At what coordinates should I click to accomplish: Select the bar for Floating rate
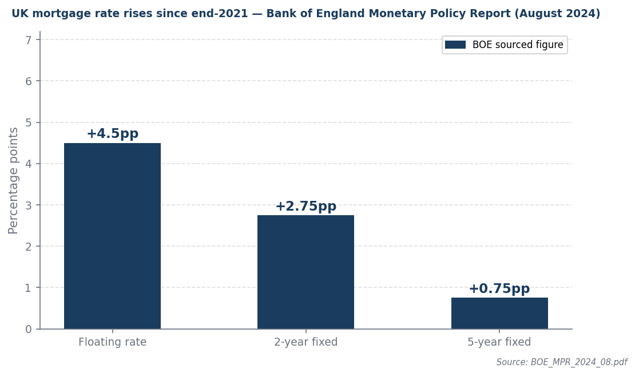click(x=112, y=236)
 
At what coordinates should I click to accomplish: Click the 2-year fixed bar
click(x=305, y=272)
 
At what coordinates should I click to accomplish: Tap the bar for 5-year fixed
click(x=499, y=313)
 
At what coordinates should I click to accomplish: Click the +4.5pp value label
click(x=112, y=134)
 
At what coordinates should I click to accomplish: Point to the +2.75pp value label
click(x=305, y=207)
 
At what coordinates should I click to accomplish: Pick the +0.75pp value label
click(x=499, y=289)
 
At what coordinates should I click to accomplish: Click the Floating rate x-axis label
click(x=112, y=342)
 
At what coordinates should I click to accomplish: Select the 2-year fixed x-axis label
click(x=305, y=342)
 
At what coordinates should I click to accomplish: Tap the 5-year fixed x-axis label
click(x=499, y=342)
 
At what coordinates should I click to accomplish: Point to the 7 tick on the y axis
click(x=29, y=39)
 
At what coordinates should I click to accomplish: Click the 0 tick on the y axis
click(x=29, y=329)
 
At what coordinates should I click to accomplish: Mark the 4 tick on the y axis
click(x=29, y=164)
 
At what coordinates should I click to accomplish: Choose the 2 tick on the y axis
click(x=29, y=247)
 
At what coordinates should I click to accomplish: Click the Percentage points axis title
click(x=13, y=180)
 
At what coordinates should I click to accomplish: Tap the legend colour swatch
click(x=455, y=45)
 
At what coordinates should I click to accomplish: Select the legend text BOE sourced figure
click(x=518, y=45)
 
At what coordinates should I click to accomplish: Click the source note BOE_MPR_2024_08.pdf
click(x=561, y=362)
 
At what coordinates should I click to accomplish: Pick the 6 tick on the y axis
click(x=29, y=81)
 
